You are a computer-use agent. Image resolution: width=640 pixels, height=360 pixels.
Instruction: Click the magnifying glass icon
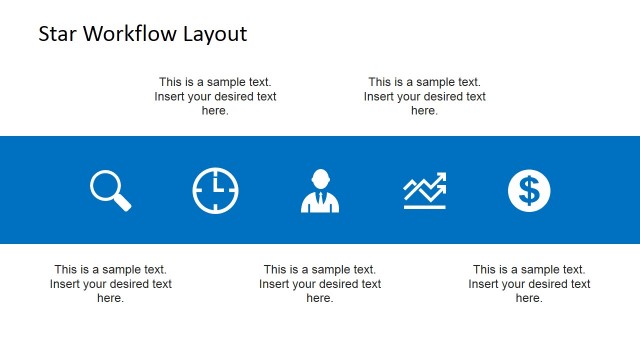[110, 190]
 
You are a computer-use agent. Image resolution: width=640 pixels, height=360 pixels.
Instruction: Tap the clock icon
[216, 190]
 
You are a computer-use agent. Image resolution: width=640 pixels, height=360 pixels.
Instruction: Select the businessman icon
[320, 191]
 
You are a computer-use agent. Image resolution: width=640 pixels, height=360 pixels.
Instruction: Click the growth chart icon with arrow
[425, 190]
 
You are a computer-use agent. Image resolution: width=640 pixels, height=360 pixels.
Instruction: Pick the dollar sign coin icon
[529, 190]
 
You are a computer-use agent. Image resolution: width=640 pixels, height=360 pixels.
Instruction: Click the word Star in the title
[56, 34]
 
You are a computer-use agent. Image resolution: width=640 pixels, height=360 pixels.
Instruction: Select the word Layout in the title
[214, 34]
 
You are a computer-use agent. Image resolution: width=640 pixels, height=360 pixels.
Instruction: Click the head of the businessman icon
[320, 179]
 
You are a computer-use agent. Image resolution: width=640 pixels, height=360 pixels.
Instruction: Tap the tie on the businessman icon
[320, 202]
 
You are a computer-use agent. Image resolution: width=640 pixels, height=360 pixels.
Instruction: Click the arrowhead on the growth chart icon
[442, 178]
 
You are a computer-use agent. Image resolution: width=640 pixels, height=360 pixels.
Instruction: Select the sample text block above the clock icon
[215, 97]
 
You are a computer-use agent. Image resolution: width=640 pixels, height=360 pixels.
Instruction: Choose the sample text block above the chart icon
[425, 97]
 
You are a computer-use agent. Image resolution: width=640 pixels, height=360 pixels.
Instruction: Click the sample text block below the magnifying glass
[111, 284]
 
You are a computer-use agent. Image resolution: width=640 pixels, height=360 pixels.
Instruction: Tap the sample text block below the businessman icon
[320, 284]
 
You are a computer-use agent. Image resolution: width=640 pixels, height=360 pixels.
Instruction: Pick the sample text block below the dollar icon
[529, 284]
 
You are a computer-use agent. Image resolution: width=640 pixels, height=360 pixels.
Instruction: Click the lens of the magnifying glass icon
[105, 185]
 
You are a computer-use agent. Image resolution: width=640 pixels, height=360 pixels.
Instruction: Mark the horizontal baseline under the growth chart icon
[425, 207]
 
